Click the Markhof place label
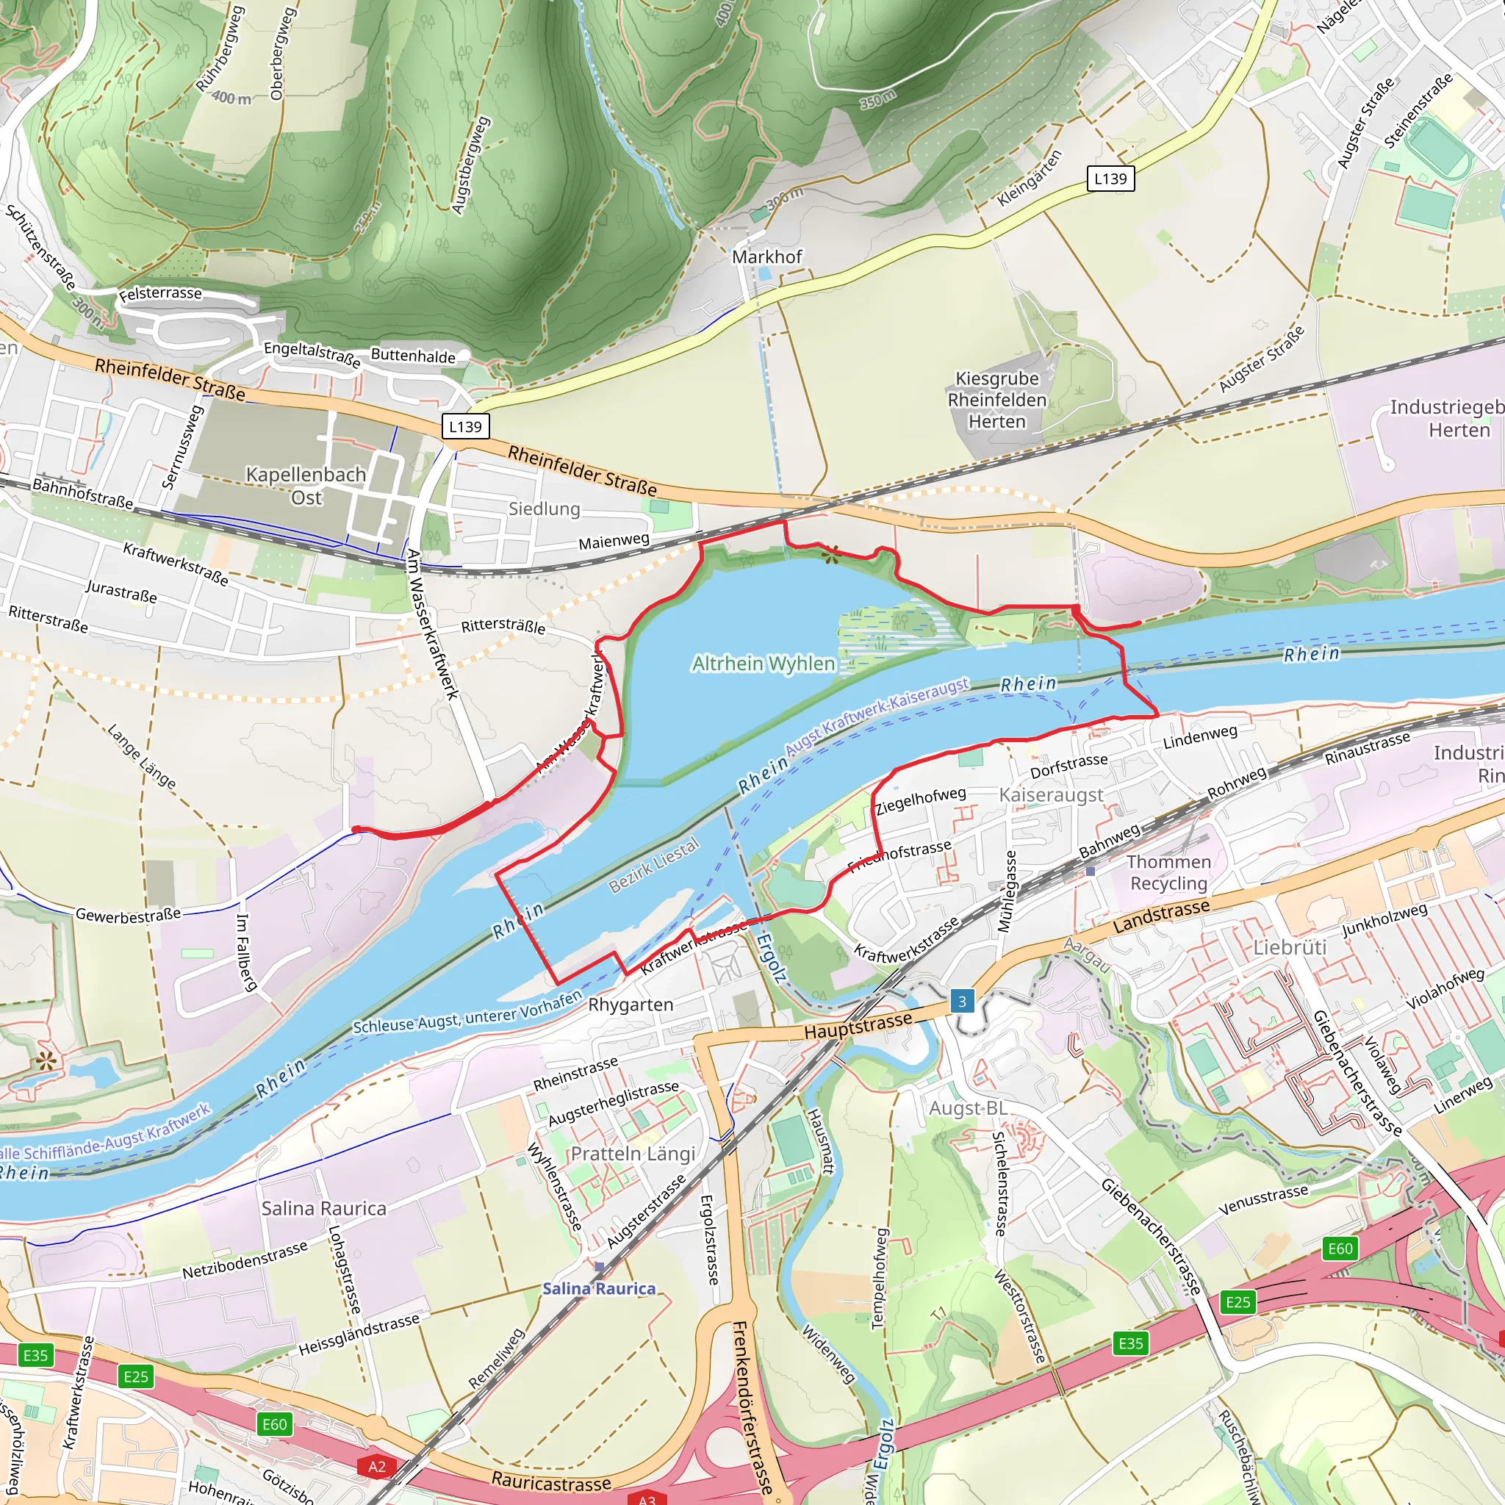coord(766,257)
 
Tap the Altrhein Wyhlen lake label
coord(764,664)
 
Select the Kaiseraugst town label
coord(1051,795)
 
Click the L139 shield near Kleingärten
coord(1110,179)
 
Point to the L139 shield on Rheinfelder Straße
coord(465,427)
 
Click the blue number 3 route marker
coord(962,1002)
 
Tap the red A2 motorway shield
coord(376,1467)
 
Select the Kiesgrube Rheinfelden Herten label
coord(997,400)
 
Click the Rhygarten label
coord(631,1005)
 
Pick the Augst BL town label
coord(968,1107)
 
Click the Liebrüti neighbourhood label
coord(1289,948)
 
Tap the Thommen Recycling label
coord(1168,872)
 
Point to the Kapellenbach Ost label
coord(306,485)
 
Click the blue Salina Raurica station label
coord(598,1288)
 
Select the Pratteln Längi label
coord(633,1154)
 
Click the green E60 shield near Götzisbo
coord(274,1424)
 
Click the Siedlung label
coord(544,509)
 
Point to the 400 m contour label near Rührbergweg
coord(231,98)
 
